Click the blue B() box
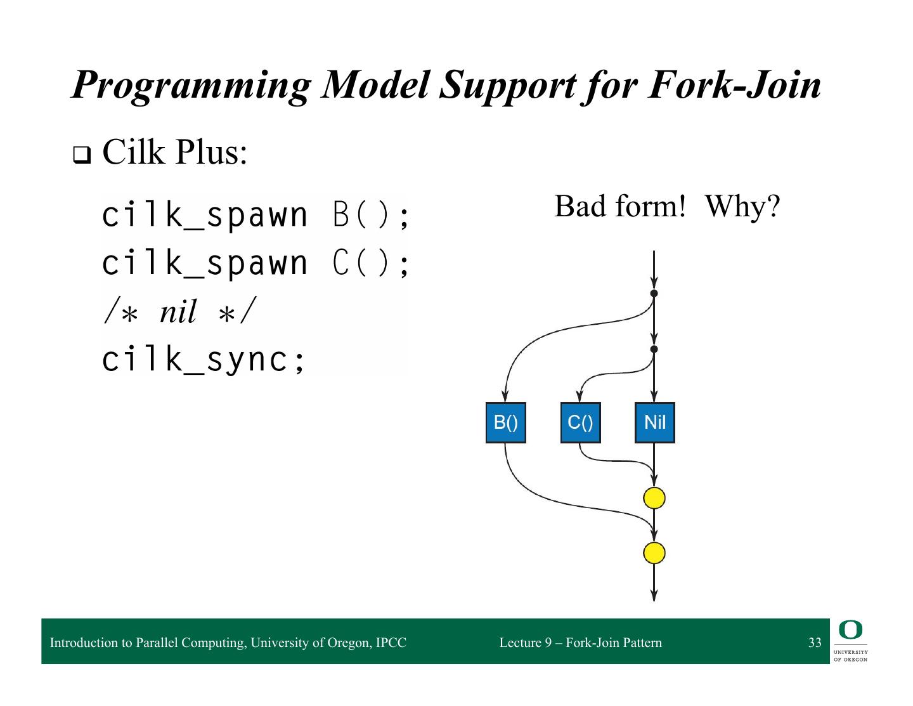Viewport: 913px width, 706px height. pyautogui.click(x=505, y=422)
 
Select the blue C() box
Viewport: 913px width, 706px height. pyautogui.click(x=580, y=422)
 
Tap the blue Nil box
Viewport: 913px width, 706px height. pyautogui.click(x=654, y=422)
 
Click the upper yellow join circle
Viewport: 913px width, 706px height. pyautogui.click(x=654, y=498)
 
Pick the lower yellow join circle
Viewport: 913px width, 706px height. pyautogui.click(x=654, y=553)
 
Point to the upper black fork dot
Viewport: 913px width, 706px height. pyautogui.click(x=654, y=293)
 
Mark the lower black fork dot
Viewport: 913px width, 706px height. pyautogui.click(x=654, y=349)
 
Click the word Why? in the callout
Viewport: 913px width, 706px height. pyautogui.click(x=742, y=207)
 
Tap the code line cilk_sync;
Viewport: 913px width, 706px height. pyautogui.click(x=204, y=360)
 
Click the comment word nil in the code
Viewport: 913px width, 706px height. pyautogui.click(x=178, y=311)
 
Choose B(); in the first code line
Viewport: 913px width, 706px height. pyautogui.click(x=371, y=215)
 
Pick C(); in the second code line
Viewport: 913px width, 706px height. pyautogui.click(x=371, y=263)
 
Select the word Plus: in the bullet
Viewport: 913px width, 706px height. pyautogui.click(x=212, y=152)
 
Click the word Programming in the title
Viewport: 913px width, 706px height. pyautogui.click(x=190, y=86)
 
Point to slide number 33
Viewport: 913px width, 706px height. pyautogui.click(x=815, y=643)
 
